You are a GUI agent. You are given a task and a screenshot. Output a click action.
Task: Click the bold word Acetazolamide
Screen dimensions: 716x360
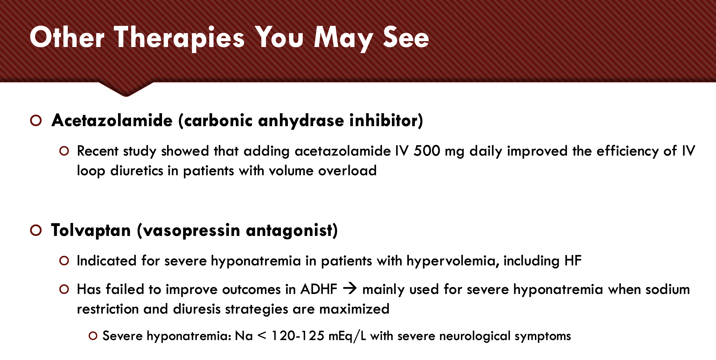click(112, 120)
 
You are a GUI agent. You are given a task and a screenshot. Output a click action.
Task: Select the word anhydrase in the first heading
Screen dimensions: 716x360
click(301, 120)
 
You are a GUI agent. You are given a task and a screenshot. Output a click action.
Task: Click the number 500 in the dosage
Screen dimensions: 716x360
click(427, 151)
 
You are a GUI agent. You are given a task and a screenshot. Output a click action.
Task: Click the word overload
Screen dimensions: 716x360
click(347, 170)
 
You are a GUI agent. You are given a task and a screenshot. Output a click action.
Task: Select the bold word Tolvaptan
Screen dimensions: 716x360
click(91, 230)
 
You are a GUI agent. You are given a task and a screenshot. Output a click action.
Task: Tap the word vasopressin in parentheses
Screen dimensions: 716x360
click(192, 231)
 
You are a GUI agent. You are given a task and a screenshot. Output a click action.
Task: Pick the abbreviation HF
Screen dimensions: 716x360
click(573, 261)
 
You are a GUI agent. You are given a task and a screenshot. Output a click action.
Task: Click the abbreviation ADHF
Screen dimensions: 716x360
click(319, 289)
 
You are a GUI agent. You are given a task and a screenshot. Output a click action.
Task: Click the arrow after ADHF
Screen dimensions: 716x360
click(350, 289)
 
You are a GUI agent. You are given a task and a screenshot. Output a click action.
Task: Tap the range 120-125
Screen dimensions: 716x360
click(298, 336)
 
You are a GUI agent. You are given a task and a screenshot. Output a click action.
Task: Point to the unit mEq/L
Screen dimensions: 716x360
click(347, 336)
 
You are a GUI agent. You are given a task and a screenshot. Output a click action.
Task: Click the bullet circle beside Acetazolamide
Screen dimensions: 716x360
click(36, 120)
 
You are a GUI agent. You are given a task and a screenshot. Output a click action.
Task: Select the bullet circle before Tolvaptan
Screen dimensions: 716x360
click(36, 230)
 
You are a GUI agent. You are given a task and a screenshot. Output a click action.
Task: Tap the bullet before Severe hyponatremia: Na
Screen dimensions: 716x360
click(93, 336)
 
